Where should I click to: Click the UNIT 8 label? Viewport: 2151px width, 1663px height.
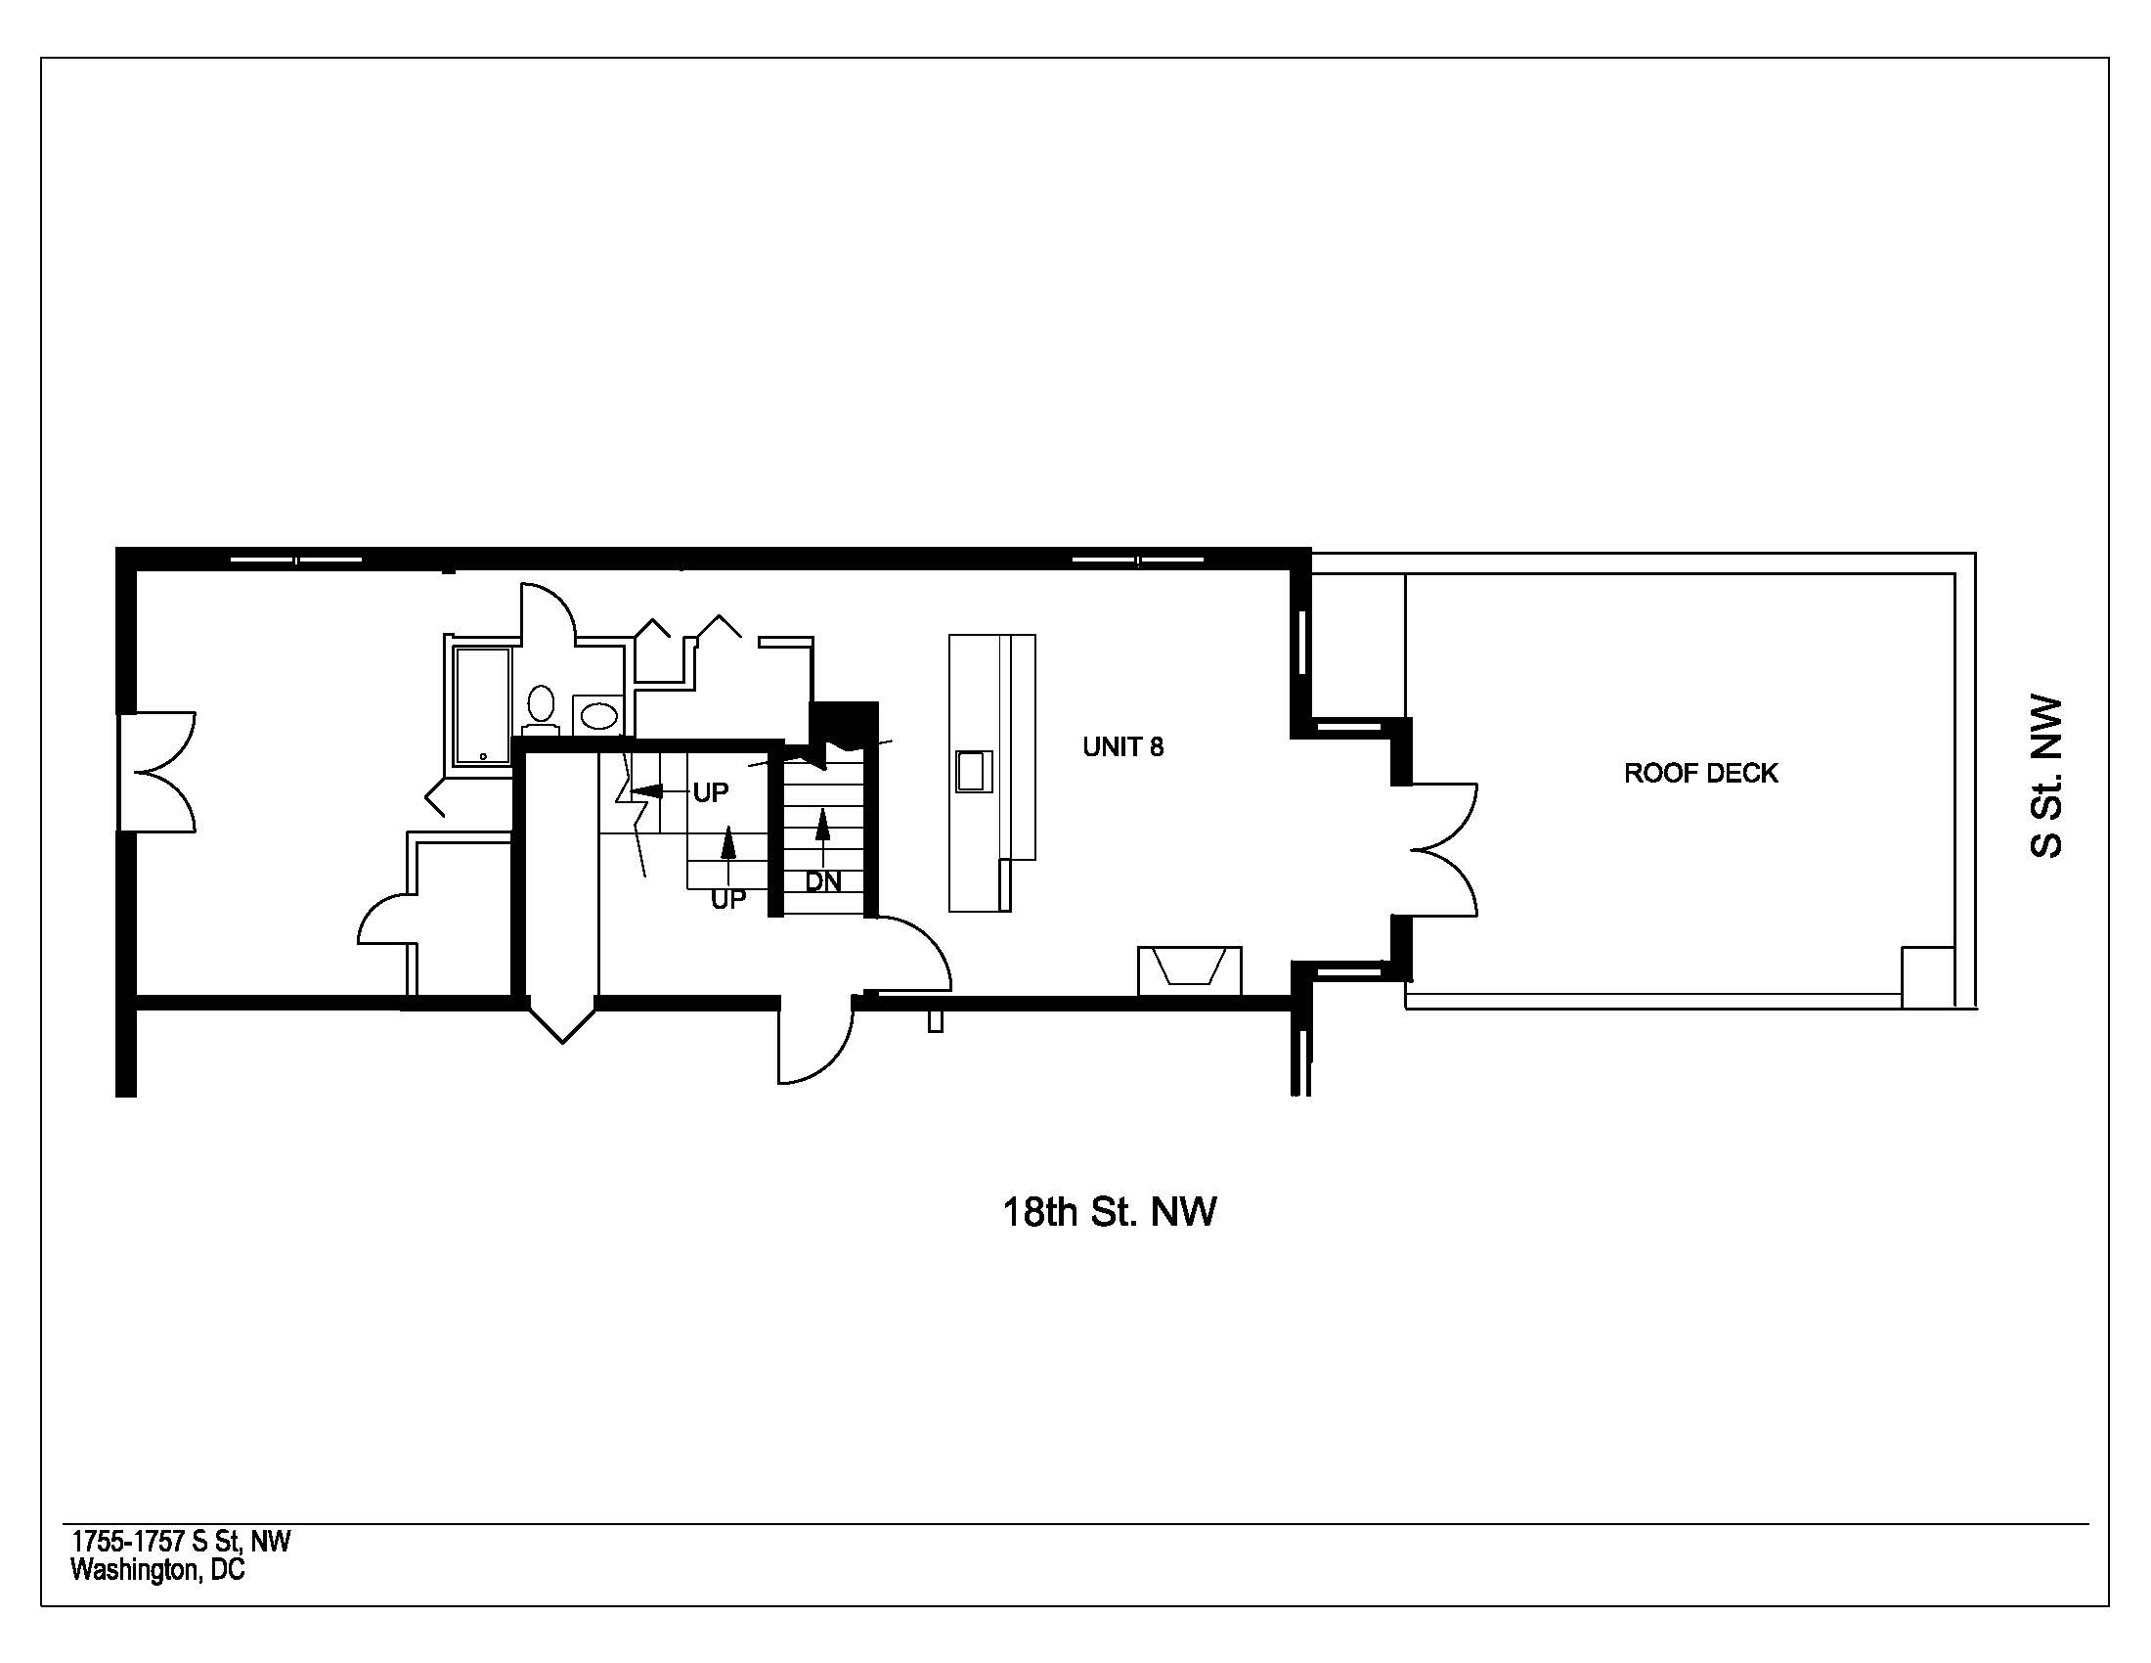(x=1122, y=746)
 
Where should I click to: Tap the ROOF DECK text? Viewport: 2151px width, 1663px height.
(x=1701, y=774)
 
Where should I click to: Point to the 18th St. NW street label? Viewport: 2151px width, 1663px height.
(x=1109, y=1211)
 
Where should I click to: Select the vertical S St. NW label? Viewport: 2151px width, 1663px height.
(x=2045, y=778)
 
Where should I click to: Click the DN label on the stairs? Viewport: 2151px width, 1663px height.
(x=823, y=881)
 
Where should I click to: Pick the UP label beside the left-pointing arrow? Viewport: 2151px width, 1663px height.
(x=711, y=792)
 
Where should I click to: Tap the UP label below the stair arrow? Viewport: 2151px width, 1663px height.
(x=728, y=899)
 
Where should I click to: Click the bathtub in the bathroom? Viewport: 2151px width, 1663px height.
(x=484, y=705)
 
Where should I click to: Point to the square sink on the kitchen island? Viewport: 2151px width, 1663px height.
(x=973, y=771)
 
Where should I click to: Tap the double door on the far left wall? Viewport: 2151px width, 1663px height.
(x=157, y=773)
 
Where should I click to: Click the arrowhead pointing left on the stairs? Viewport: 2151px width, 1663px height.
(x=644, y=790)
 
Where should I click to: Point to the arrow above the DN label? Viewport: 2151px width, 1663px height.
(x=823, y=837)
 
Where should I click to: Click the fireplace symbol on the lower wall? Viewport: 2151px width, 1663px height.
(x=1190, y=970)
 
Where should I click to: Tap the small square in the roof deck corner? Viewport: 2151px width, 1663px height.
(x=1927, y=977)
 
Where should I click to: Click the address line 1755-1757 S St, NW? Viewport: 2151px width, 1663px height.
(x=181, y=1541)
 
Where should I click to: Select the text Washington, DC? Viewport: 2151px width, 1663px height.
(x=157, y=1569)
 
